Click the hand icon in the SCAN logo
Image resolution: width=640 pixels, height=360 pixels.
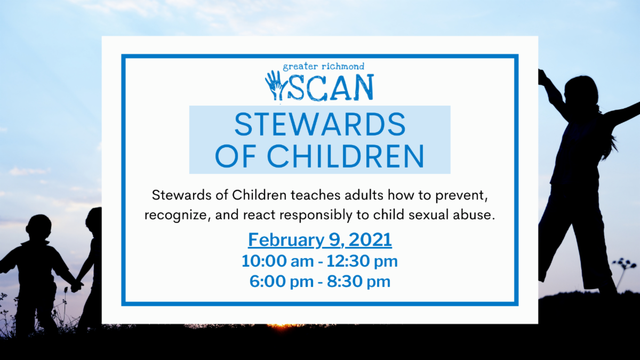(275, 86)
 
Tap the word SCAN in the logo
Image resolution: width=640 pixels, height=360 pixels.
(330, 87)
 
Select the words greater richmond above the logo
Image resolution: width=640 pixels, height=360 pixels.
(323, 67)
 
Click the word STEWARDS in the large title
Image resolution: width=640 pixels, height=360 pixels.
(320, 125)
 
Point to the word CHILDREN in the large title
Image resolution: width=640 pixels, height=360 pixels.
(346, 156)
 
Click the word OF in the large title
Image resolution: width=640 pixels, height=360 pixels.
(235, 156)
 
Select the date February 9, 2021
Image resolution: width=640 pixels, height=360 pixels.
(320, 239)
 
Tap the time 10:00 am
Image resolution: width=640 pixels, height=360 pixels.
(277, 261)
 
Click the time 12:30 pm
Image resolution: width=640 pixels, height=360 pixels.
(362, 261)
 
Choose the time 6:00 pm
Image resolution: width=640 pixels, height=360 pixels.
(282, 282)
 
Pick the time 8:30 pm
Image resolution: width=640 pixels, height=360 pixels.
(358, 282)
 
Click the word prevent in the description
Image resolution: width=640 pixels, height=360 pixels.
(461, 195)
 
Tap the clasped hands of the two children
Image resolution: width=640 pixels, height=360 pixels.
(77, 286)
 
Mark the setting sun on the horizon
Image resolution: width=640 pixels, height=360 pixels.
(282, 326)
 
